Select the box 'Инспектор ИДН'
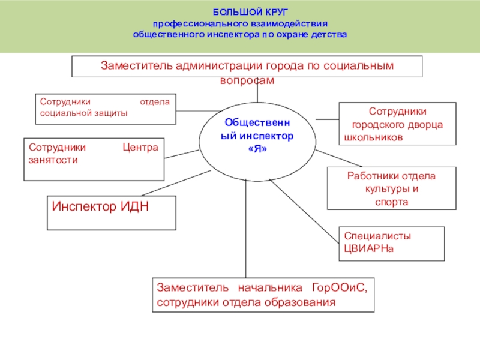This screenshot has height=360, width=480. (x=112, y=213)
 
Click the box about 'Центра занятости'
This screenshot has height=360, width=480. (x=94, y=159)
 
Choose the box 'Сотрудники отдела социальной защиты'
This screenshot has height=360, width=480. (x=105, y=108)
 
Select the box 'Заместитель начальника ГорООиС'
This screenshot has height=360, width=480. (x=262, y=295)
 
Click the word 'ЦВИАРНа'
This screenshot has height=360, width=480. (x=368, y=248)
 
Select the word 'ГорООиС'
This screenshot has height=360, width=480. (x=339, y=287)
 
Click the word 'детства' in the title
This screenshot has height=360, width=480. (x=329, y=34)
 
